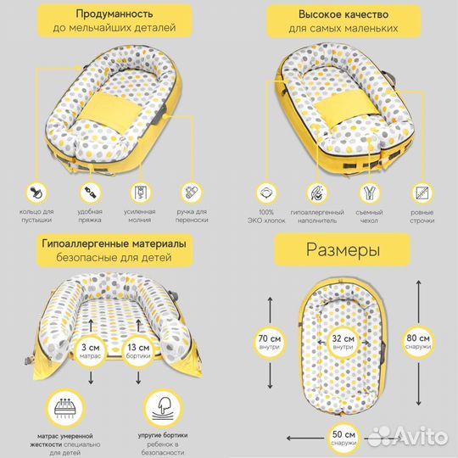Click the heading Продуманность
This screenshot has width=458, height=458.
tap(114, 15)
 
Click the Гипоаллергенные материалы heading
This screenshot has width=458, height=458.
tap(114, 243)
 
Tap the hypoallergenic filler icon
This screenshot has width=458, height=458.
tap(316, 191)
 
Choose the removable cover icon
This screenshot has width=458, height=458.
tap(368, 191)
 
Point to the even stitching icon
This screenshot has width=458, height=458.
tap(419, 191)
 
